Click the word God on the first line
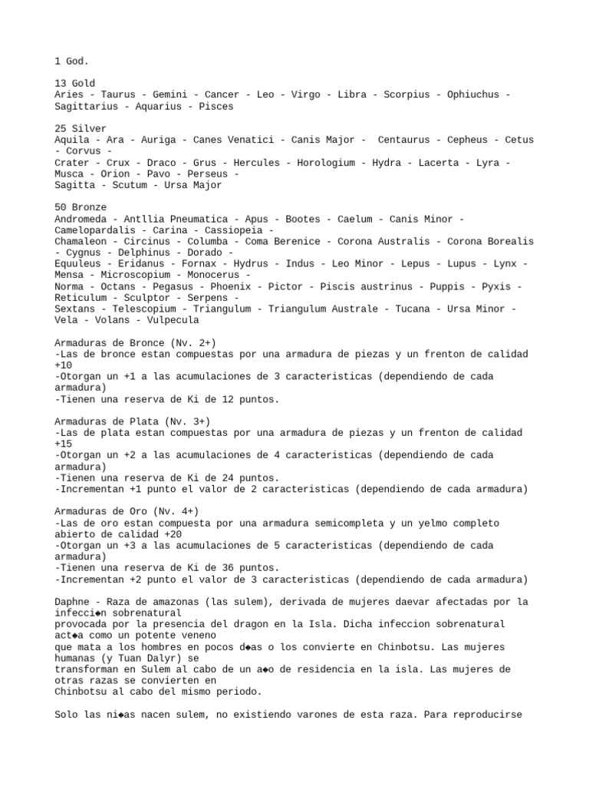click(x=77, y=61)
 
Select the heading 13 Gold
click(x=75, y=83)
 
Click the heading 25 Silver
click(x=81, y=128)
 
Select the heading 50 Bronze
click(x=81, y=207)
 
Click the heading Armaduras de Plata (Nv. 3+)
click(x=132, y=421)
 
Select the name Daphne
click(x=75, y=602)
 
